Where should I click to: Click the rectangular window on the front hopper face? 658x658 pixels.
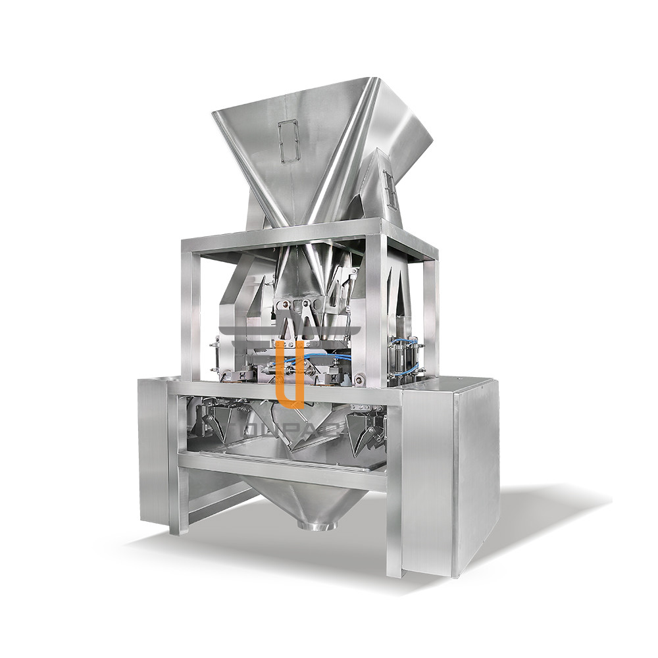coord(288,141)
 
